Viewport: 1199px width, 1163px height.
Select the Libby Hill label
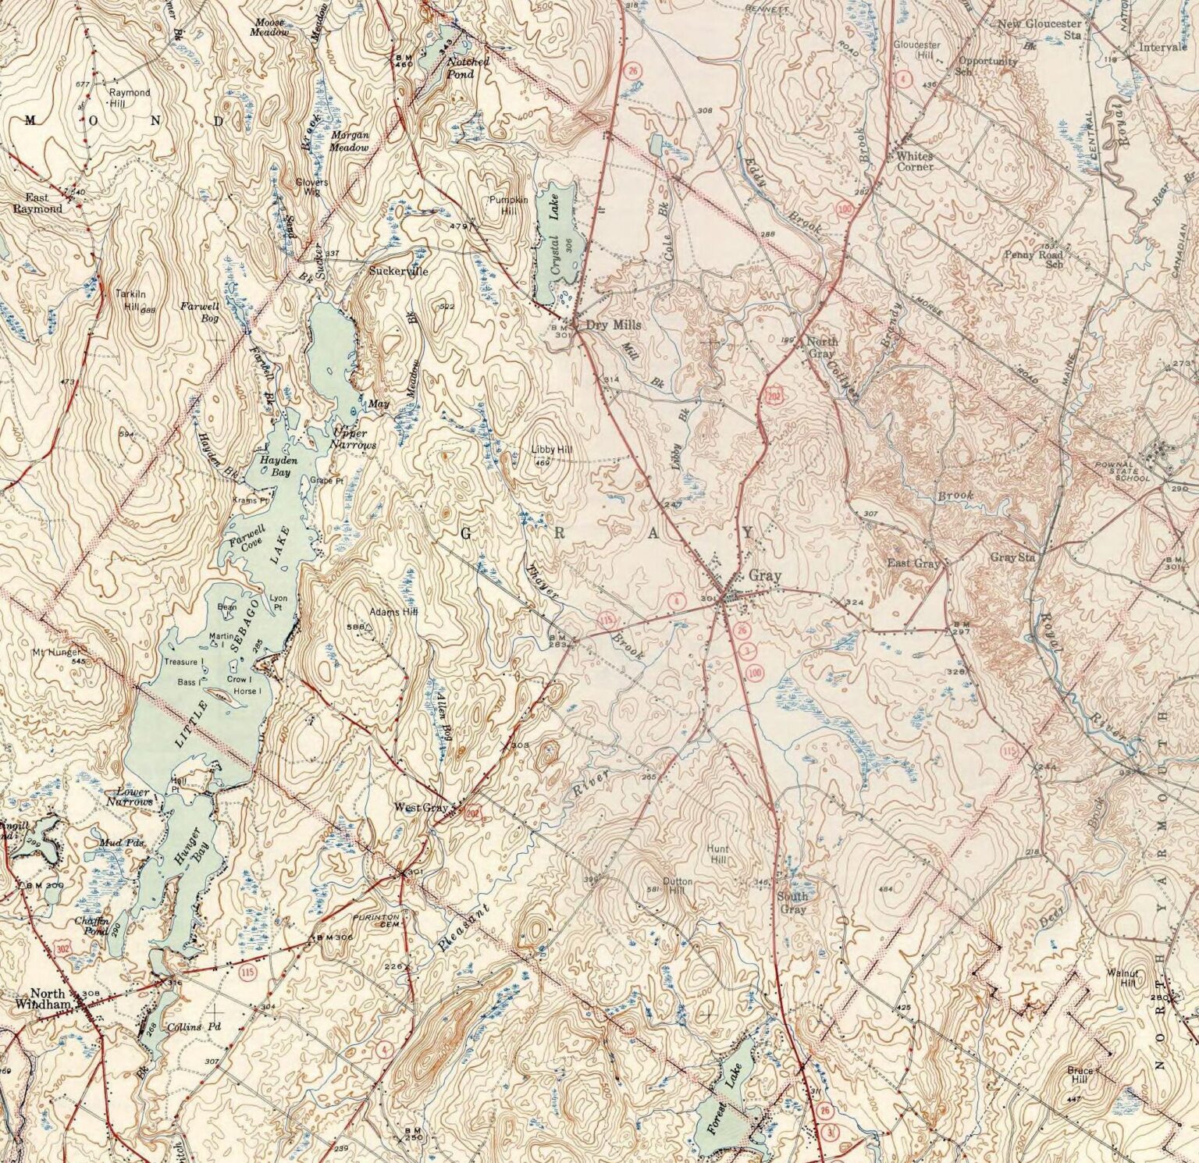coord(551,450)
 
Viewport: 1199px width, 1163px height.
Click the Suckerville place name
coord(398,272)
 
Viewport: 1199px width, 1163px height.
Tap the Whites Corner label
coord(915,161)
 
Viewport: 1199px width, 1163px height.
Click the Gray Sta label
coord(1012,557)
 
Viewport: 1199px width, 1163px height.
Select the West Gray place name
coord(421,808)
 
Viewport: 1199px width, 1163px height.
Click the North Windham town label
coord(48,999)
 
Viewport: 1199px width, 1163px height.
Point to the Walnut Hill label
coord(1124,978)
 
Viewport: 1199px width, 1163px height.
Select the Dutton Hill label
coord(678,885)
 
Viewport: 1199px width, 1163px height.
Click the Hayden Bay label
coord(275,467)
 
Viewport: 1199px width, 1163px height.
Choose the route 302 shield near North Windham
coord(64,948)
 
